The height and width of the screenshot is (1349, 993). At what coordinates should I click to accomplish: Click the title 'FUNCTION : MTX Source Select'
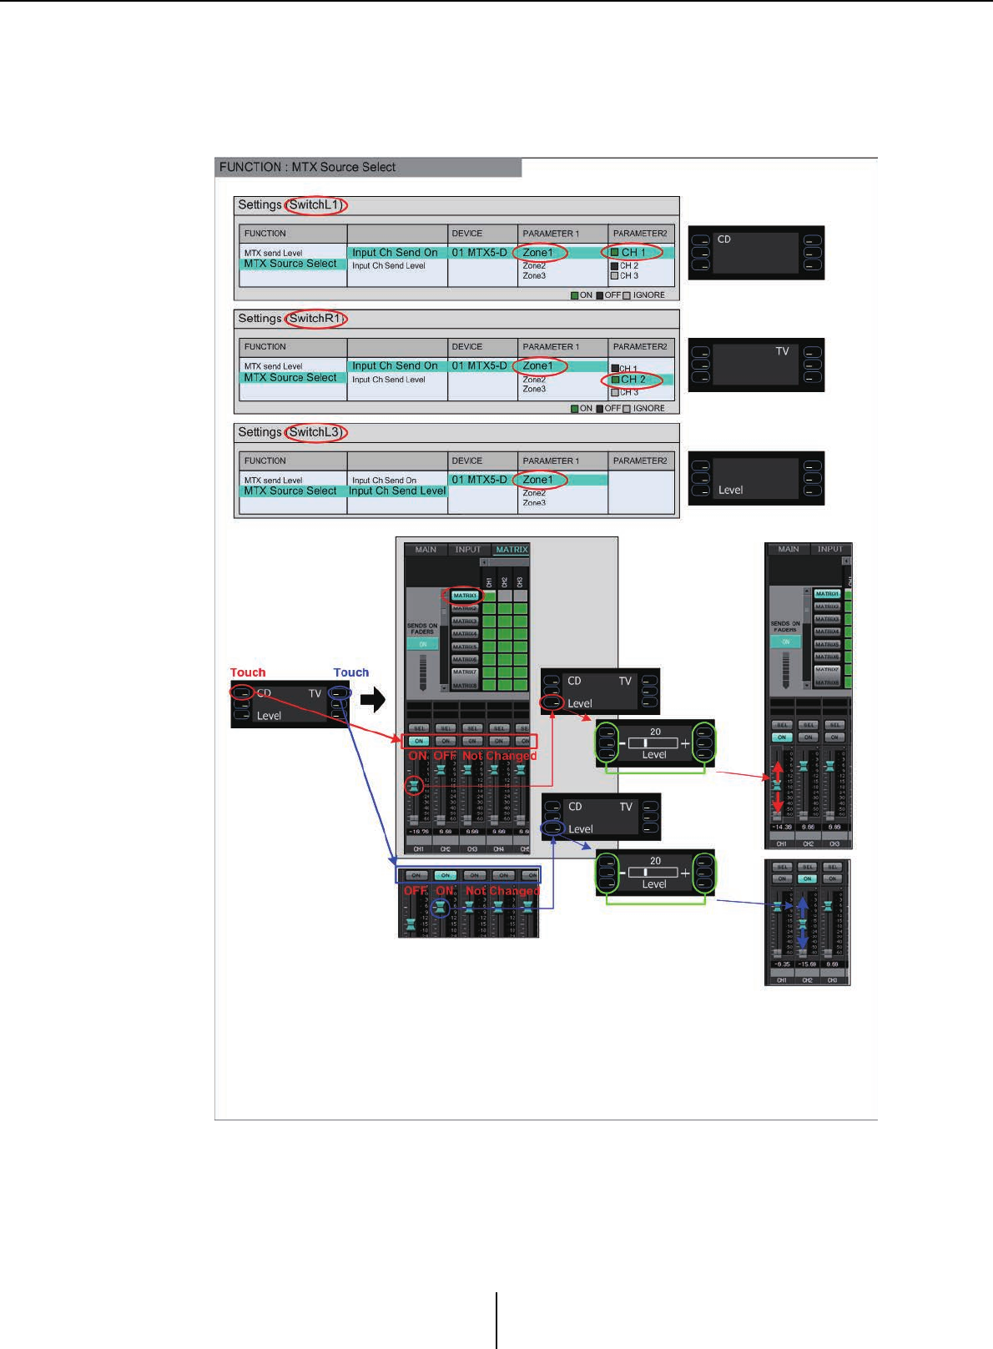click(x=307, y=167)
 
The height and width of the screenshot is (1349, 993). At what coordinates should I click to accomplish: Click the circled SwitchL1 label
click(x=315, y=205)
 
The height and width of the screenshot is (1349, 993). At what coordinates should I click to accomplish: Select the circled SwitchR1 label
click(x=315, y=319)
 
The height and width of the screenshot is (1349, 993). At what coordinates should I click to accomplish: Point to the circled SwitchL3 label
click(x=315, y=432)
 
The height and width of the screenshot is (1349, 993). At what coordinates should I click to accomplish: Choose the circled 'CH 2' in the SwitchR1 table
click(x=633, y=380)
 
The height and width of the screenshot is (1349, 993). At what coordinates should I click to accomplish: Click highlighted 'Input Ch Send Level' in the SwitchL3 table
click(x=397, y=491)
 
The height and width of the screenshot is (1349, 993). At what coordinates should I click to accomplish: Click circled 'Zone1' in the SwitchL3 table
click(x=538, y=480)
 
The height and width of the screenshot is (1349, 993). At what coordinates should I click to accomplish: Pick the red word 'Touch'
click(x=248, y=672)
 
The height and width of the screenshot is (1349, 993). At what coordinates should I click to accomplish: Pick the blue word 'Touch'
click(x=351, y=672)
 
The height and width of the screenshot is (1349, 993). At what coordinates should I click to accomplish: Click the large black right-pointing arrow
click(x=373, y=699)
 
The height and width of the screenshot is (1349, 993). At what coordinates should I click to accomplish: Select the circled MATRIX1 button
click(x=464, y=596)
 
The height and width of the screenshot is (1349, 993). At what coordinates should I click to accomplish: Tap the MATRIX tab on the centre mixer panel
click(x=511, y=550)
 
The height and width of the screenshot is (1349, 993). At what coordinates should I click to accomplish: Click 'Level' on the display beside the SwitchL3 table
click(x=730, y=491)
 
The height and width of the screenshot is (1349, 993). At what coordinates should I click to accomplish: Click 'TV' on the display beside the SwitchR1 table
click(x=782, y=351)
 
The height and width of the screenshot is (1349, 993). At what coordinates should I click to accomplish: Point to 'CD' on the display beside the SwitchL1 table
click(x=723, y=239)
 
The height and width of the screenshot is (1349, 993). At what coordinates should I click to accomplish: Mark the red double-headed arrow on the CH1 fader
click(x=778, y=786)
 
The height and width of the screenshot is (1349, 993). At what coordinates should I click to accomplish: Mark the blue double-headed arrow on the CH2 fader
click(x=803, y=924)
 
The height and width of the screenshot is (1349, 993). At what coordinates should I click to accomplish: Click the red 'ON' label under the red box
click(x=417, y=756)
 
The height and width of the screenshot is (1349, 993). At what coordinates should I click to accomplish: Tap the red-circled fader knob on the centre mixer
click(x=413, y=785)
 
